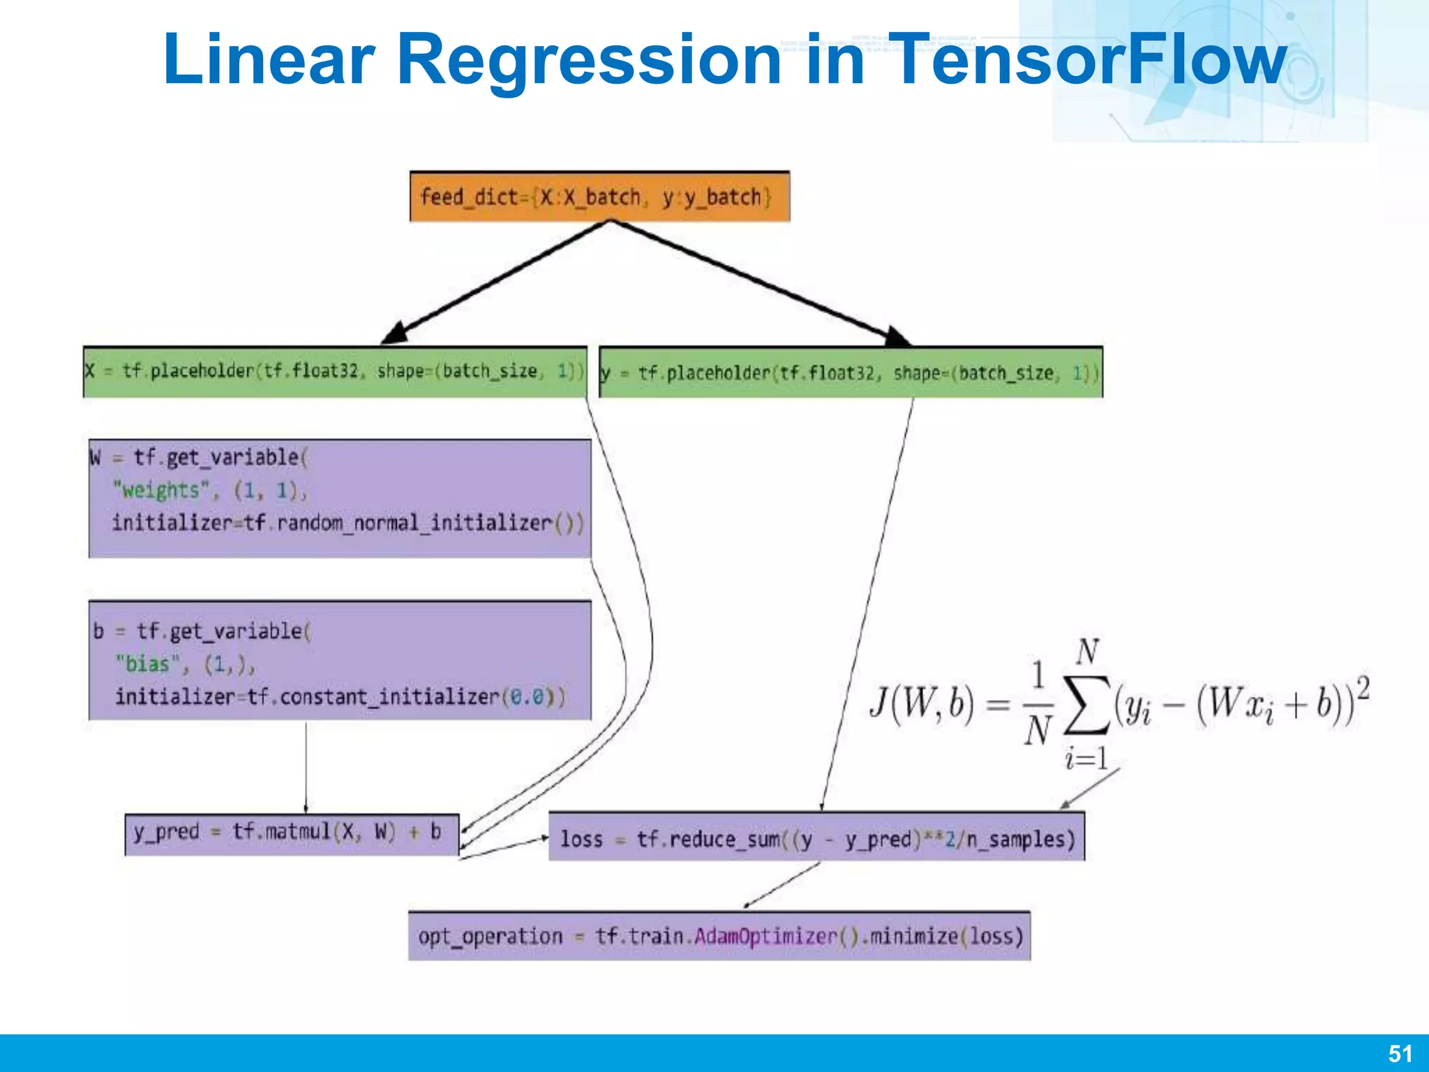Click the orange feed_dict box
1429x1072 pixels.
point(599,197)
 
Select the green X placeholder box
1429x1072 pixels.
point(334,371)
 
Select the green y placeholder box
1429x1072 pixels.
point(851,372)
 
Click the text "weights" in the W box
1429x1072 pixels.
point(161,490)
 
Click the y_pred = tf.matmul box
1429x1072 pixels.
point(292,833)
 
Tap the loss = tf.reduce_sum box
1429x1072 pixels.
point(816,837)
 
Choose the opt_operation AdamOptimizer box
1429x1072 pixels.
point(719,936)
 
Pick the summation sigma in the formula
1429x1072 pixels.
point(1086,705)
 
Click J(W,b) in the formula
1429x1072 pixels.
point(921,703)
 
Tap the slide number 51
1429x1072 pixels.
point(1400,1053)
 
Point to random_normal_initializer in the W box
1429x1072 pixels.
point(414,523)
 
